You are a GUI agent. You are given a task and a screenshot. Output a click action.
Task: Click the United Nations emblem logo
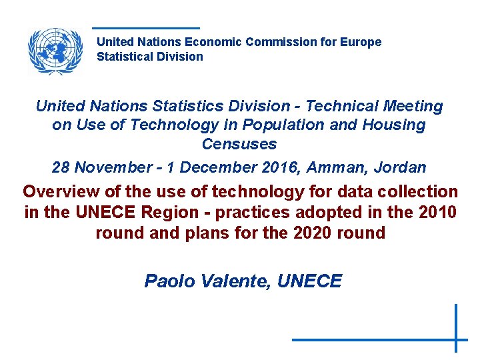[x=55, y=50]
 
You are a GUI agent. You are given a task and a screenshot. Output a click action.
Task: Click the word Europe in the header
[x=361, y=42]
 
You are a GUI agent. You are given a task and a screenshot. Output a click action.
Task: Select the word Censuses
[x=239, y=143]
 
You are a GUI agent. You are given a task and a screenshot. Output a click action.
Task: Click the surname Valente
[x=231, y=281]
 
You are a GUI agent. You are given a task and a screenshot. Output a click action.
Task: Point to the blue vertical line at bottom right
[x=456, y=328]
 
